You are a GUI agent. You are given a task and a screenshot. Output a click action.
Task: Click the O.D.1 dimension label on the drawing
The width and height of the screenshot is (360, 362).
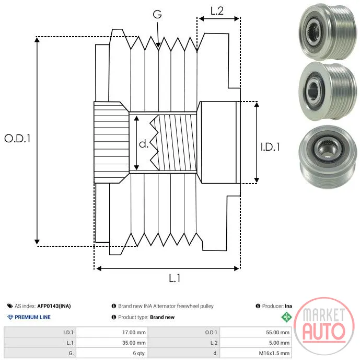(18, 139)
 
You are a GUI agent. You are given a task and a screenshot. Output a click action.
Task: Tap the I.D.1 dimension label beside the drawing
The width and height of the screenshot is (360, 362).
(270, 147)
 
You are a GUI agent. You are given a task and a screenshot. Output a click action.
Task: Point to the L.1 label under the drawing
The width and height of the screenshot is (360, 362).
(175, 278)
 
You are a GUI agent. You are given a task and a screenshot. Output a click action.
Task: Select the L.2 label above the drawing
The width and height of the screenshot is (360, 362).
(217, 11)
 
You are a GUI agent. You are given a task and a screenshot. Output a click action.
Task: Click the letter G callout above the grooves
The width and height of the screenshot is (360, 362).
(157, 14)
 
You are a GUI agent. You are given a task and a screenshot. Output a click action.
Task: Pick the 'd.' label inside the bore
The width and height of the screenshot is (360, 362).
(144, 144)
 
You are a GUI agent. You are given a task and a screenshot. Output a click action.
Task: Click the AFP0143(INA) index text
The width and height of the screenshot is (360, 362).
(54, 306)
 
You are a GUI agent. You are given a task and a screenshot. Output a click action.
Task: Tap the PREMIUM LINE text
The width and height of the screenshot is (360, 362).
(32, 317)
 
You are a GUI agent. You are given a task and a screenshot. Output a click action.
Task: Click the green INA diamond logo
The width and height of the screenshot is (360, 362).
(287, 317)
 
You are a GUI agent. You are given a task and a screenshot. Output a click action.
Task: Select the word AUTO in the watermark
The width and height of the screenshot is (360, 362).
(324, 332)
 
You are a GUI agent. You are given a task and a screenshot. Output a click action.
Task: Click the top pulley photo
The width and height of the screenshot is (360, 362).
(328, 31)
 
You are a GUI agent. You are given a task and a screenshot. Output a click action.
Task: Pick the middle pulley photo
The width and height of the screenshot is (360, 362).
(328, 90)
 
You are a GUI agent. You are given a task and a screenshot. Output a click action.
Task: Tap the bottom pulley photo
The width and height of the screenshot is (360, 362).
(328, 157)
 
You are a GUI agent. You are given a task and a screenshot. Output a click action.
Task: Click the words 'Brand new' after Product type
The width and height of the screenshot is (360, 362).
(162, 317)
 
